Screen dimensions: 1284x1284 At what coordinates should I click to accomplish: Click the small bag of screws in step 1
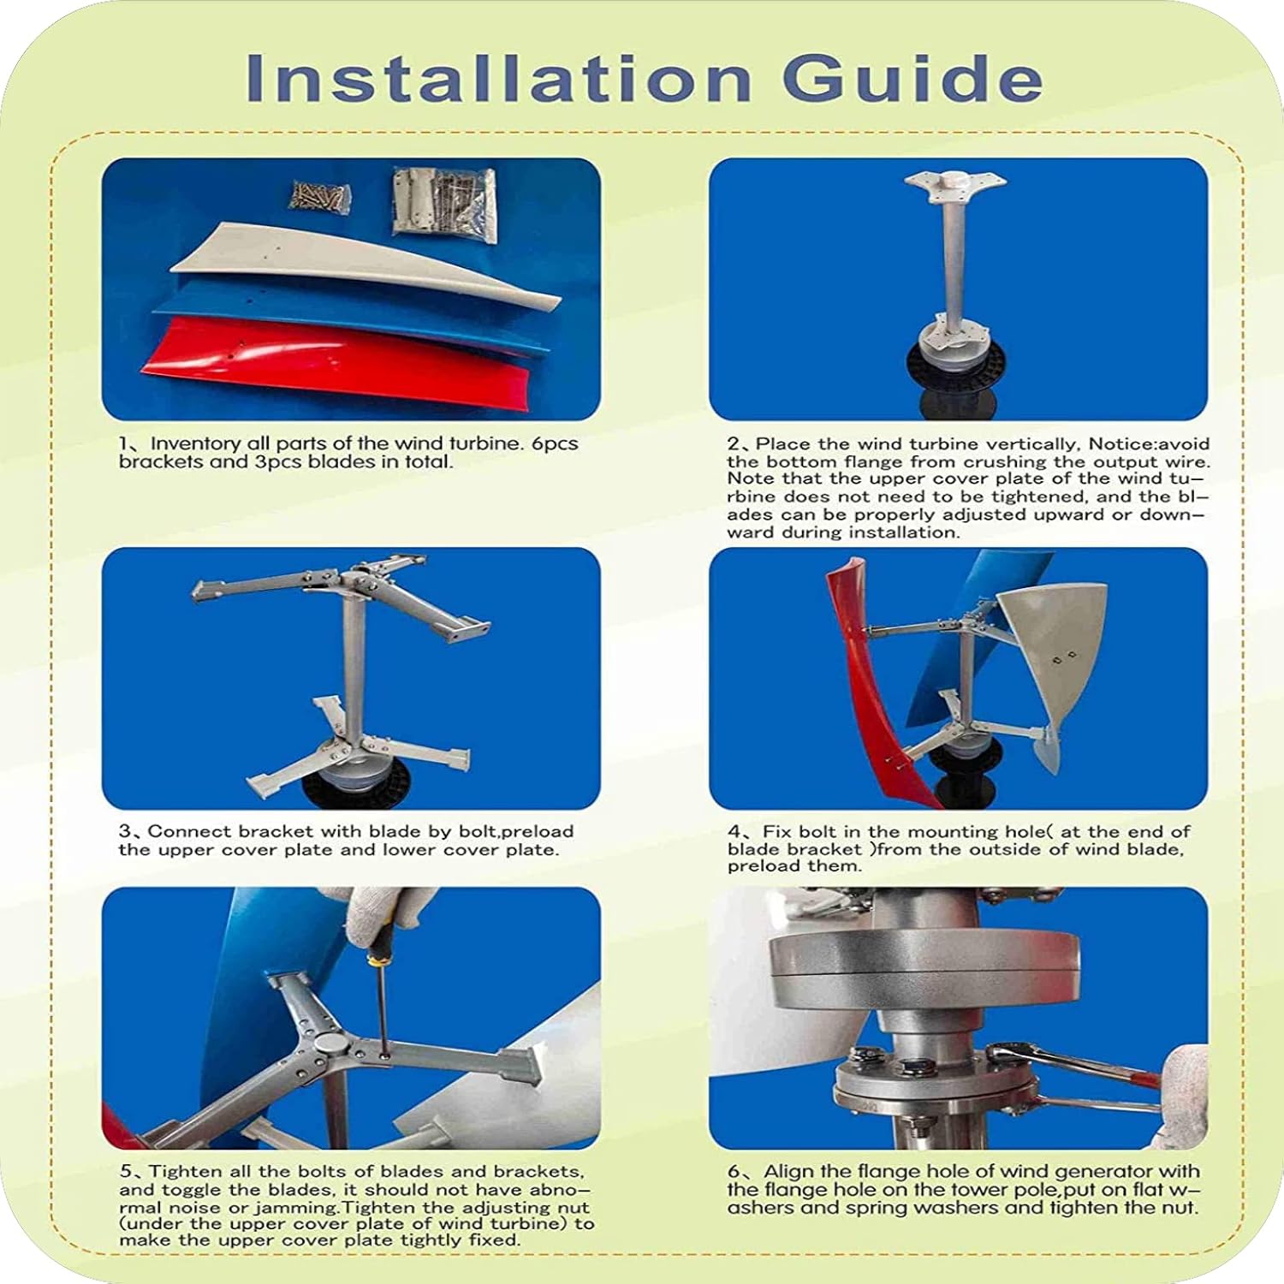[x=321, y=195]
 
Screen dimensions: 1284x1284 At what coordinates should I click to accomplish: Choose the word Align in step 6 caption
[x=787, y=1171]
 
